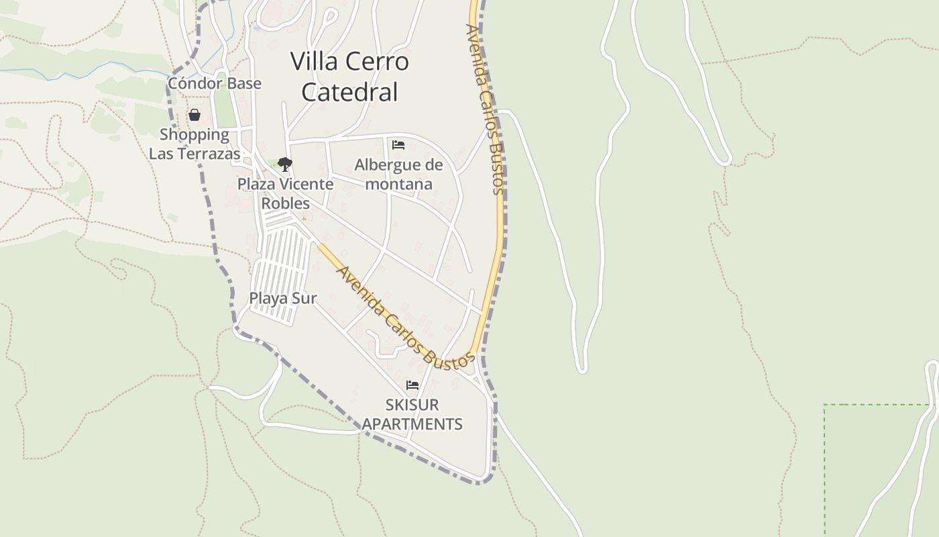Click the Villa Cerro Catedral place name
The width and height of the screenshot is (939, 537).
(349, 77)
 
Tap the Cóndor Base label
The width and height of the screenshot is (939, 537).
(215, 83)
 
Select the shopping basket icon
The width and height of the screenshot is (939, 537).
(195, 115)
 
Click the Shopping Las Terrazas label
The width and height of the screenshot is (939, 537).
(195, 144)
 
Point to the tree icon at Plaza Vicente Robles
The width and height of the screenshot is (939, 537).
(285, 164)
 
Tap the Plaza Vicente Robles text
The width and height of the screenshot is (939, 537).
(285, 193)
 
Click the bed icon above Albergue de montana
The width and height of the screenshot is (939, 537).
(398, 145)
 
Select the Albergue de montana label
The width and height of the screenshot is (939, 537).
(399, 174)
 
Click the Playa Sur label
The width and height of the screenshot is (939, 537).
(282, 298)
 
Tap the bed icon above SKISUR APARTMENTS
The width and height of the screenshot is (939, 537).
(412, 385)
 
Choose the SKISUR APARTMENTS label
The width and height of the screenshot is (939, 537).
(412, 414)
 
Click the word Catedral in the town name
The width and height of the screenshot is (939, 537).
(349, 92)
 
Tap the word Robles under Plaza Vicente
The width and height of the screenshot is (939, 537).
(285, 203)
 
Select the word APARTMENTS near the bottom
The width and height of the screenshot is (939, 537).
(412, 424)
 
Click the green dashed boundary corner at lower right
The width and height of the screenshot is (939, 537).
(825, 405)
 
